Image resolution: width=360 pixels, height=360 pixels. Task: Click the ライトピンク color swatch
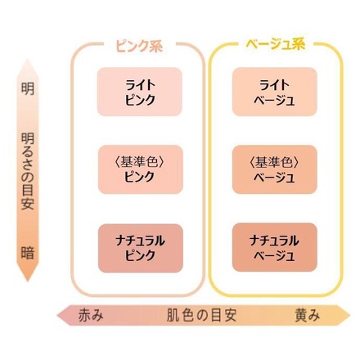click(140, 92)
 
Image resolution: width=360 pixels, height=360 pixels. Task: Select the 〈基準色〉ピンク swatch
click(141, 169)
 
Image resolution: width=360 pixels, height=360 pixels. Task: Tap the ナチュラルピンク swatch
click(141, 248)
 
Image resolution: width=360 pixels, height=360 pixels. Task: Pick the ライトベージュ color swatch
click(275, 92)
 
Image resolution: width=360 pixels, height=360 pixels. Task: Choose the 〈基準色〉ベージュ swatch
click(275, 169)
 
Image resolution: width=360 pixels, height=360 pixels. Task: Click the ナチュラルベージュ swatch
click(275, 247)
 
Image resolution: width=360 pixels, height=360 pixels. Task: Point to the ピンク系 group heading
click(140, 46)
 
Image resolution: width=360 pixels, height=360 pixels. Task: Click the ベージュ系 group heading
click(275, 44)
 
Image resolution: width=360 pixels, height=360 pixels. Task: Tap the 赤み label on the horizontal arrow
click(91, 316)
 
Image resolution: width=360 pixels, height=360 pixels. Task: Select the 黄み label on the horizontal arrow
click(307, 316)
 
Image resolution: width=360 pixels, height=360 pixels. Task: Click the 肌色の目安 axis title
click(201, 316)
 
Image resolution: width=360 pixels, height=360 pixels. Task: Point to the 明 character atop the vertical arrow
click(28, 88)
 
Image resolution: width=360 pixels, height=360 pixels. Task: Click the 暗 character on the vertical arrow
click(28, 253)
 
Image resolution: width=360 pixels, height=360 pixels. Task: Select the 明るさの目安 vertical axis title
click(28, 171)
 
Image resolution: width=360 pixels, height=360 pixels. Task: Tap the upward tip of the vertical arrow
click(28, 58)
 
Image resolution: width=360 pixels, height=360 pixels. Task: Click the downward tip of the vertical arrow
click(28, 281)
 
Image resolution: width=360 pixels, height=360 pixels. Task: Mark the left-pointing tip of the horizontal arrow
click(57, 316)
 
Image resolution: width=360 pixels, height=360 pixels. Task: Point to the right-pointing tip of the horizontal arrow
click(350, 316)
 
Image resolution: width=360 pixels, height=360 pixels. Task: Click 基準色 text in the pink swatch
click(139, 162)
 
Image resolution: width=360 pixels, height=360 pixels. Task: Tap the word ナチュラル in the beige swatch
click(274, 241)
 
